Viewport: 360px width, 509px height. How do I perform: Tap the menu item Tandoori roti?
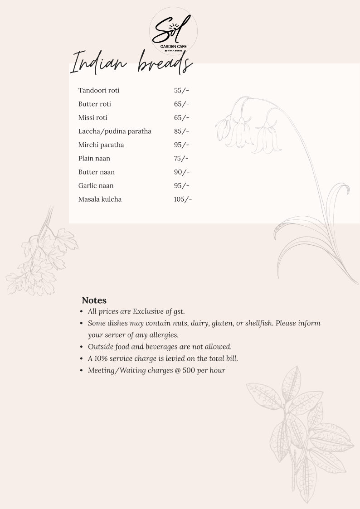pyautogui.click(x=99, y=91)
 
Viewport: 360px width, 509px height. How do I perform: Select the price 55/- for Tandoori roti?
pyautogui.click(x=181, y=91)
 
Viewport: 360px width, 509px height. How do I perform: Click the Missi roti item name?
pyautogui.click(x=93, y=118)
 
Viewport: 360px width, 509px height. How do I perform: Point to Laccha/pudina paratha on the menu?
pyautogui.click(x=115, y=131)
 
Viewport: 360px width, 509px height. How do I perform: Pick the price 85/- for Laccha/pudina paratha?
pyautogui.click(x=181, y=131)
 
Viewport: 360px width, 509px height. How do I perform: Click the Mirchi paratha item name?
pyautogui.click(x=101, y=145)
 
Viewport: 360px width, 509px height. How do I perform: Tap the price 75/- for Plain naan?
pyautogui.click(x=181, y=159)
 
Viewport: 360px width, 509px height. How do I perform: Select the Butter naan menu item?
pyautogui.click(x=97, y=172)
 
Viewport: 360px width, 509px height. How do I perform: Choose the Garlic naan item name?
pyautogui.click(x=96, y=186)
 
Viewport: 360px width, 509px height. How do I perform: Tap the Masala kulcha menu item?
pyautogui.click(x=100, y=199)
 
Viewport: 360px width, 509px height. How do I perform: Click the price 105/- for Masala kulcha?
pyautogui.click(x=183, y=199)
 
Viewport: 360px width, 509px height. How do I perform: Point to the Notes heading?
pyautogui.click(x=94, y=300)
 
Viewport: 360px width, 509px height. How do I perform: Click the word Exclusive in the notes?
pyautogui.click(x=148, y=311)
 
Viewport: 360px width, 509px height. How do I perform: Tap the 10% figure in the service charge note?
pyautogui.click(x=102, y=359)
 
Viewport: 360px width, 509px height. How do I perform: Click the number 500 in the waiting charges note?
pyautogui.click(x=189, y=370)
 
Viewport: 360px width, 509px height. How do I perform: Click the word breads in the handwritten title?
pyautogui.click(x=165, y=63)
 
